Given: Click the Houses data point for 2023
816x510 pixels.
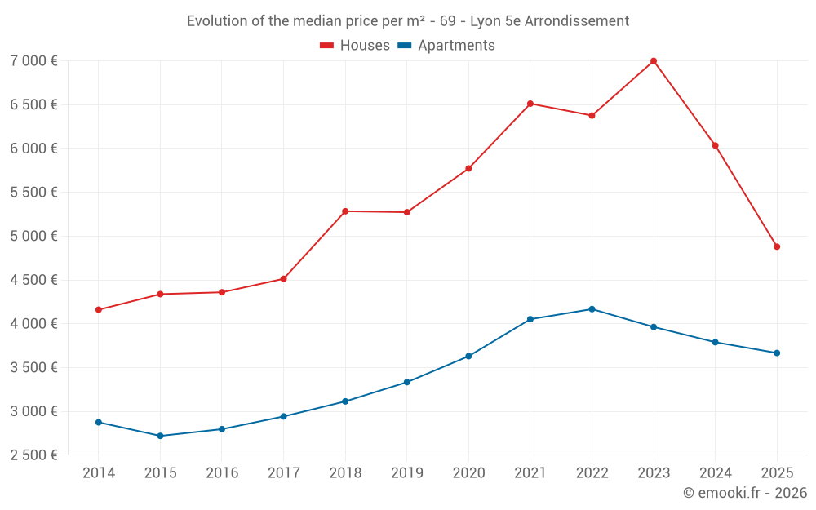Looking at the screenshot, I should tap(654, 61).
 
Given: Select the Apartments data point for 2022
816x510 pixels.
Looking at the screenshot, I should tap(592, 309).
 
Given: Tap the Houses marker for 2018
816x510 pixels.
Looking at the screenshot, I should tap(345, 211).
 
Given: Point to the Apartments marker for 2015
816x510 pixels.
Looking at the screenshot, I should tap(160, 436).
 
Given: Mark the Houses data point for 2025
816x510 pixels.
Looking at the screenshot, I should tap(777, 246).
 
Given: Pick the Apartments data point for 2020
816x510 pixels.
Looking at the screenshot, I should tap(468, 356).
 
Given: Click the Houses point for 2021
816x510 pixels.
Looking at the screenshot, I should tap(530, 104).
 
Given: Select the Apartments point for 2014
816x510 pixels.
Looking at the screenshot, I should tap(99, 422).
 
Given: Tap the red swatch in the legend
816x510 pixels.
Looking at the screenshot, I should tap(326, 46).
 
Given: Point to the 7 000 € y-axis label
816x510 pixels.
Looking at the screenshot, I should tap(33, 61).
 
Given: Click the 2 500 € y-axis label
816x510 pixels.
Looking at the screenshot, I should tap(33, 455).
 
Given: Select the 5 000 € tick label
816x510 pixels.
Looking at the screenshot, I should tap(33, 237).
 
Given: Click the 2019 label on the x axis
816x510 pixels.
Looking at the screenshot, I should tap(407, 473).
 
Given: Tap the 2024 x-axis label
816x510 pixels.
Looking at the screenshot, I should tap(716, 473).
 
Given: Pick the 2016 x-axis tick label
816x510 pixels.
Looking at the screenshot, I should tap(222, 473).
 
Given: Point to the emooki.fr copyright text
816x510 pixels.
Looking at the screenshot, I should tap(745, 493).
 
